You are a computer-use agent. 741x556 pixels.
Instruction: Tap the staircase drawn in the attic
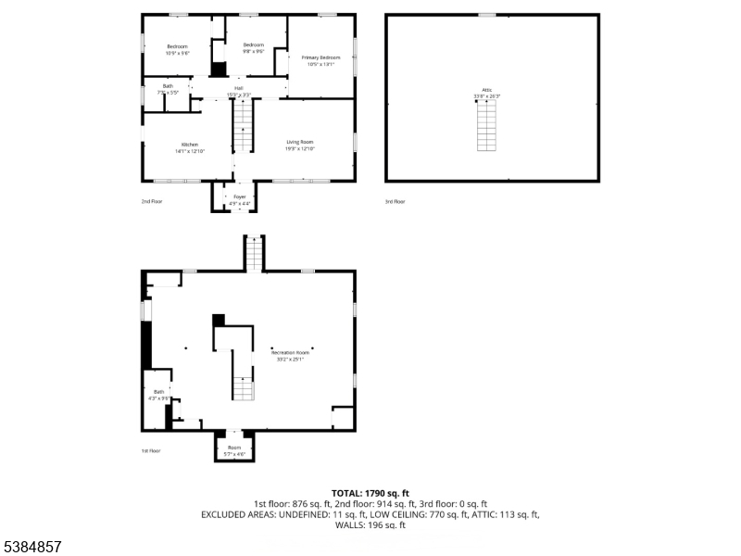486,128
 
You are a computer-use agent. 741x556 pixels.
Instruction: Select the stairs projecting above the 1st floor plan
254,253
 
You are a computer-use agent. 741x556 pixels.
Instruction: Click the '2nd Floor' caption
151,201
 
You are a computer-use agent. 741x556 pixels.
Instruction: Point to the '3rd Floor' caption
396,201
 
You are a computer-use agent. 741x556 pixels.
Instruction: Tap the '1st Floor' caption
151,450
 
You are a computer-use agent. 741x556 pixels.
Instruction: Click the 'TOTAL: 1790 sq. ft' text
370,493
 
